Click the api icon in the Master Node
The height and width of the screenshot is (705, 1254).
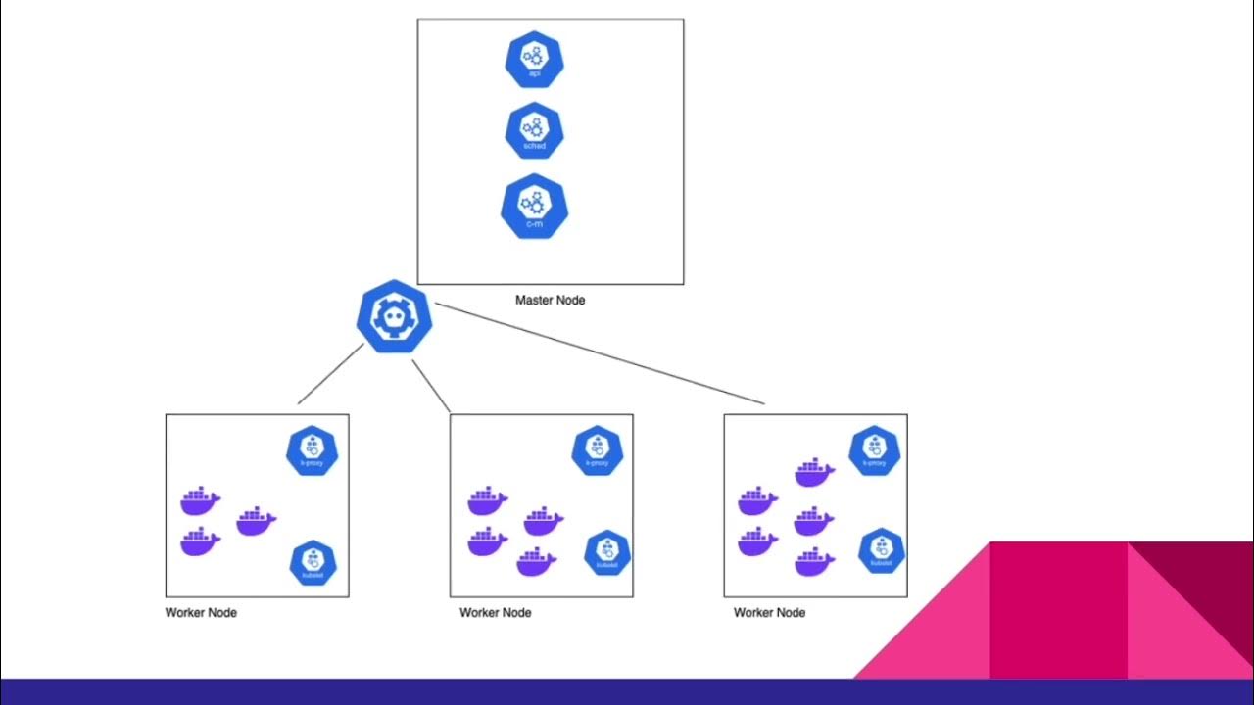pos(534,60)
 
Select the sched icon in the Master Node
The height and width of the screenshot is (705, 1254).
pos(534,131)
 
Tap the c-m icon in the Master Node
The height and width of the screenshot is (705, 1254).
pos(534,207)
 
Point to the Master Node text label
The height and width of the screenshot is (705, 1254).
pos(550,300)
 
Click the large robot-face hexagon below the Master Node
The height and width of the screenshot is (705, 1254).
pos(395,316)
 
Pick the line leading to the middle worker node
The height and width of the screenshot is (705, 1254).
pos(431,386)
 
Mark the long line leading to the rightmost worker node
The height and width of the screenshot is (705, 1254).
pos(600,353)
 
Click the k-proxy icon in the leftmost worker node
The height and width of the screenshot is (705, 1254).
pos(312,449)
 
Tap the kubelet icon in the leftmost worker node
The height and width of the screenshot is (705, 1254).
pos(313,563)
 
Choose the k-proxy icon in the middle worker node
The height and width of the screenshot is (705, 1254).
pos(597,449)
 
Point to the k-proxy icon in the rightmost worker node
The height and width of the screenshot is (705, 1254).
pos(874,450)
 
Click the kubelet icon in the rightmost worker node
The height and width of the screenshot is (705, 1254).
pos(881,551)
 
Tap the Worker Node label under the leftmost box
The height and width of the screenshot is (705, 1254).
pos(201,613)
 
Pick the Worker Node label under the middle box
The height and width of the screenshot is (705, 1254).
pos(495,613)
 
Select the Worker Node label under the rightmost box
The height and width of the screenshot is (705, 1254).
pos(769,613)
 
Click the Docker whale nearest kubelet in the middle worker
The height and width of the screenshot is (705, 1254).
pos(536,562)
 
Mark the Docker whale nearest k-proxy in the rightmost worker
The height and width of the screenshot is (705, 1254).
pos(814,473)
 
